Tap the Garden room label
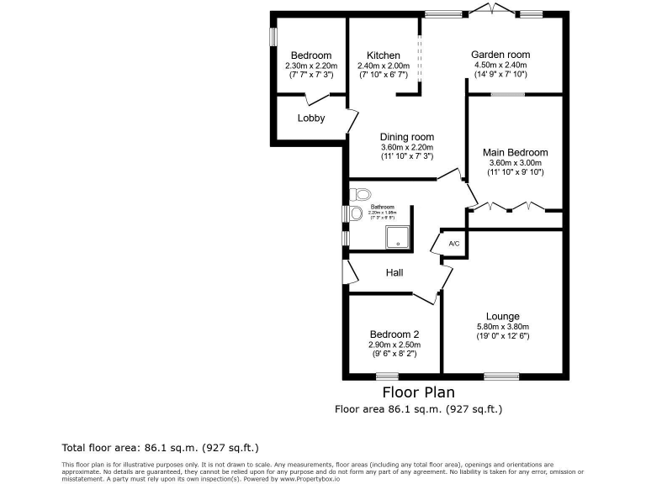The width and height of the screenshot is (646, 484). click(x=500, y=55)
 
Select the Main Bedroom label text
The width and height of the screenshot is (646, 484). click(x=515, y=153)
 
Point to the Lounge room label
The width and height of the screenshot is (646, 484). click(x=503, y=317)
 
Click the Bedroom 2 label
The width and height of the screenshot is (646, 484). click(x=394, y=334)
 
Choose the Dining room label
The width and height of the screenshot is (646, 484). click(x=406, y=137)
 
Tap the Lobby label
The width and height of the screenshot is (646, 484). click(x=310, y=118)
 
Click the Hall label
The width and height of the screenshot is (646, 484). click(x=394, y=273)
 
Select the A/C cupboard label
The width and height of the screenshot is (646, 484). click(x=454, y=244)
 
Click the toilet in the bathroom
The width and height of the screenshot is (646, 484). click(x=356, y=194)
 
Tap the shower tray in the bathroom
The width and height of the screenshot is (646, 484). click(x=396, y=238)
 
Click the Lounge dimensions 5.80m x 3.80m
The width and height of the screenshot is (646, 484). click(x=503, y=327)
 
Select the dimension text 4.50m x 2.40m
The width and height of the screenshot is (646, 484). click(x=500, y=65)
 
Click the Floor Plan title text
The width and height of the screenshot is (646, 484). click(x=419, y=392)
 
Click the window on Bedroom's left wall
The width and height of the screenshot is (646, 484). click(x=273, y=39)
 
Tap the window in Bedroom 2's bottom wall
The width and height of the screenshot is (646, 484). click(x=388, y=376)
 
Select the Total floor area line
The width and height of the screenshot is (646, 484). click(x=161, y=449)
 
